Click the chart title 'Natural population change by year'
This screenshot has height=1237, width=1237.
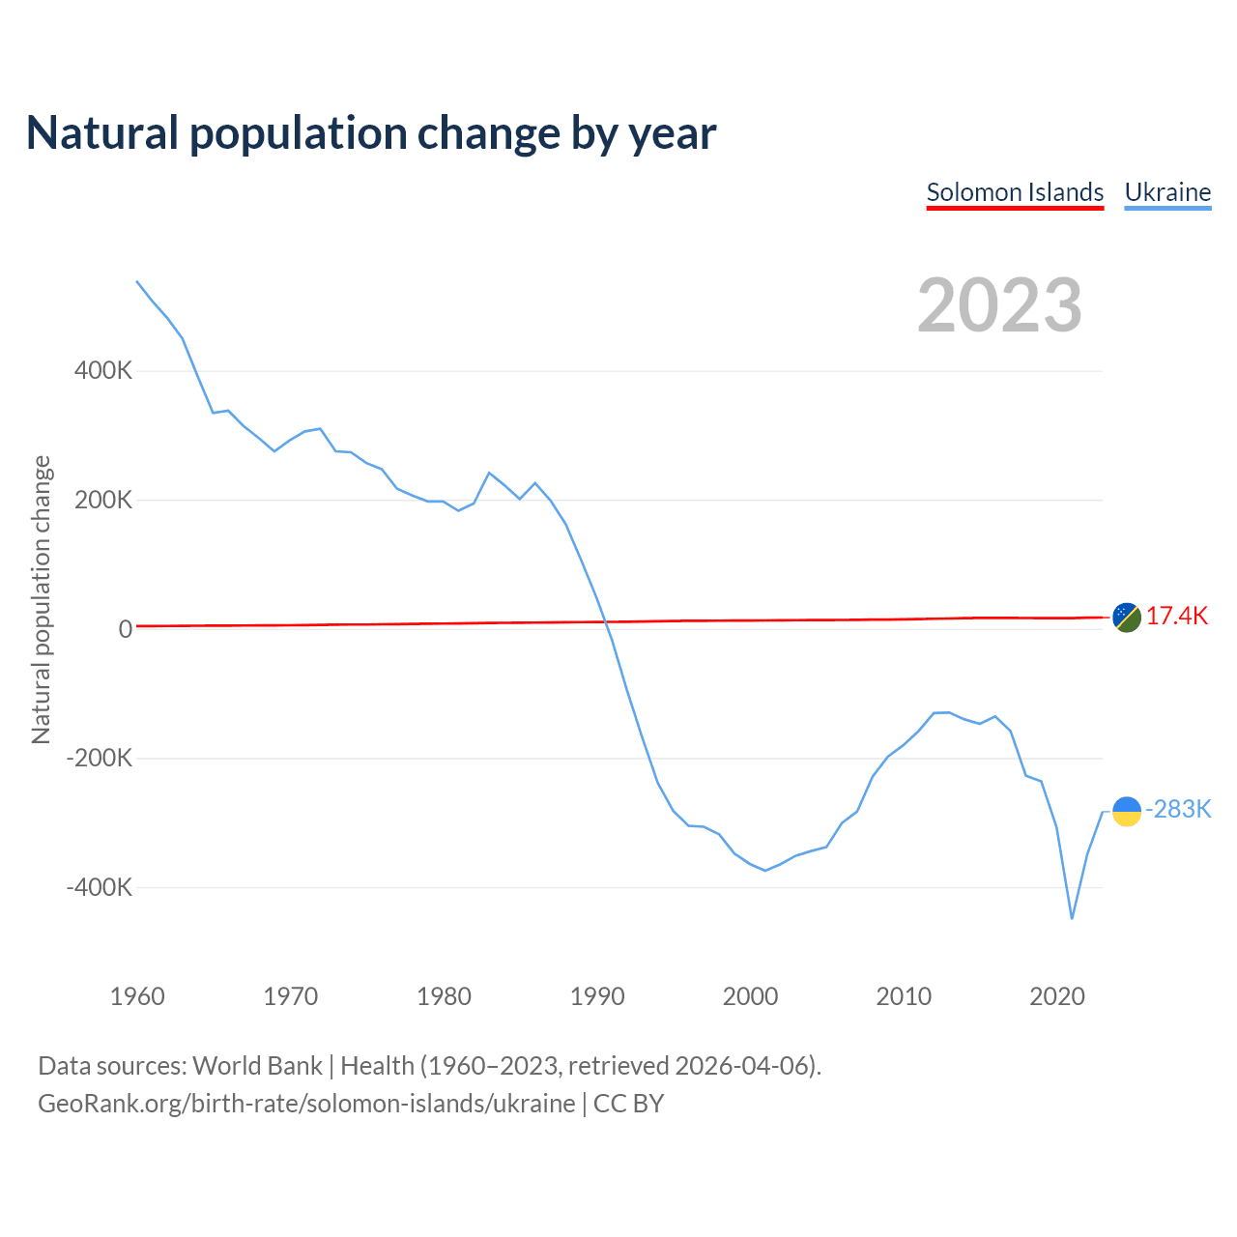coord(371,133)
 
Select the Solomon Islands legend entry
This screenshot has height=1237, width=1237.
coord(1015,192)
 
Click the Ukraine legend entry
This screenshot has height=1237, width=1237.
coord(1167,192)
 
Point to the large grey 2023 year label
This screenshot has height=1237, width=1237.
coord(999,305)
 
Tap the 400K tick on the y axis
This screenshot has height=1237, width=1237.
coord(103,371)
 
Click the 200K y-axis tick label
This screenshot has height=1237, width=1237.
coord(103,501)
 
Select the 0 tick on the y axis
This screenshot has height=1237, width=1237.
coord(126,629)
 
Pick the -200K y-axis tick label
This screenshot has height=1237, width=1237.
coord(99,759)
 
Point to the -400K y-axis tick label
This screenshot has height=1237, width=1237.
coord(99,887)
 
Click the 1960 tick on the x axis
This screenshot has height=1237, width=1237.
coord(137,996)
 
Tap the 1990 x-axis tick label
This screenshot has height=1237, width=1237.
coord(597,996)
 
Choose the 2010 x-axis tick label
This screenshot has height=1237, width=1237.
coord(904,996)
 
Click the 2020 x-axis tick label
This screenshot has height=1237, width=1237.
coord(1057,996)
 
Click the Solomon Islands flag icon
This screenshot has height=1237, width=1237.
coord(1127,617)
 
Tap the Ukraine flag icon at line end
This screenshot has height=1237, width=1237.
coord(1127,812)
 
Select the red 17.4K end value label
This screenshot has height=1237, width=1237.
coord(1177,617)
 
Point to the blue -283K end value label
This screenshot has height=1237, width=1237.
coord(1178,810)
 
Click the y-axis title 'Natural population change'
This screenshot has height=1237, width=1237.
coord(42,600)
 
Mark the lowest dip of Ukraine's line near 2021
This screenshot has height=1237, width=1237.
coord(1072,918)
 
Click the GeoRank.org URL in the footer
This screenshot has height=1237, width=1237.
coord(306,1104)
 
